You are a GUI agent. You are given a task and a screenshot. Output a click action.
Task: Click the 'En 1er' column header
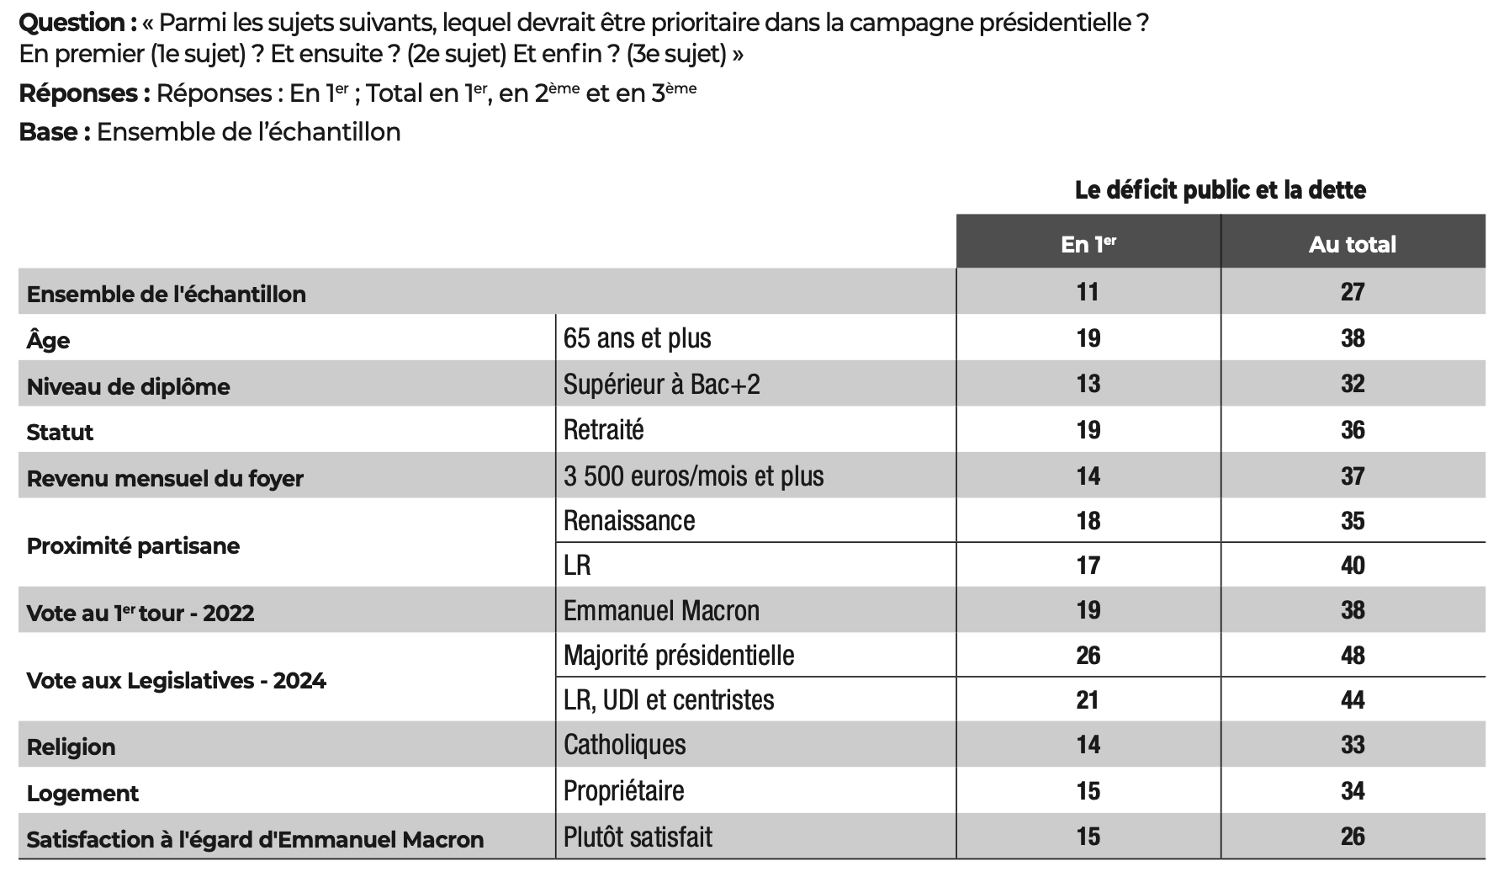[x=1088, y=244]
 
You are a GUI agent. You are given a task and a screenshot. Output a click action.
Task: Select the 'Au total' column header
[x=1353, y=245]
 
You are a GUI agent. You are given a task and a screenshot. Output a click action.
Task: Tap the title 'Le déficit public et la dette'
[x=1221, y=190]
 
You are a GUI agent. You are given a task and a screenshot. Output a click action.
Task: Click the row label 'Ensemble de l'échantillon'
[x=167, y=294]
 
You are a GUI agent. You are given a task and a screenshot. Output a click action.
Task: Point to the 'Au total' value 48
[x=1353, y=655]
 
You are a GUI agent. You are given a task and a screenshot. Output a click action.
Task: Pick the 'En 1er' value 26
[x=1088, y=655]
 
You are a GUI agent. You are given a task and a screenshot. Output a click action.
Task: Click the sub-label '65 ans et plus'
[x=638, y=338]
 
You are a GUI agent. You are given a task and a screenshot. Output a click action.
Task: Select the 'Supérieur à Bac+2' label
[x=662, y=384]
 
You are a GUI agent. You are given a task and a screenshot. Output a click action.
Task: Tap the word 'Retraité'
[x=604, y=430]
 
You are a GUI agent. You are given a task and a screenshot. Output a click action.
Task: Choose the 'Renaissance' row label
[x=629, y=521]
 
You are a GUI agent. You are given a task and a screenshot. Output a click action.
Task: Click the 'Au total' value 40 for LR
[x=1353, y=565]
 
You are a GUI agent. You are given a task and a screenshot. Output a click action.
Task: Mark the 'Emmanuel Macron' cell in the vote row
[x=661, y=610]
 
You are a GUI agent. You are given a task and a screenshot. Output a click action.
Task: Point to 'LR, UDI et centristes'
[x=669, y=700]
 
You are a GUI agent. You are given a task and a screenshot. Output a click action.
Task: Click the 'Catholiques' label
[x=625, y=745]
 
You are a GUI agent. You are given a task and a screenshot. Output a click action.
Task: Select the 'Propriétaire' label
[x=624, y=791]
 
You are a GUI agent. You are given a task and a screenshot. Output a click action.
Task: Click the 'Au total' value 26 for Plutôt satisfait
[x=1353, y=836]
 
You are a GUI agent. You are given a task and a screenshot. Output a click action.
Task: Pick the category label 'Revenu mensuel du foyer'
[x=165, y=478]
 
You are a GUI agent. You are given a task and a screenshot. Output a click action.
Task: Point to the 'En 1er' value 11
[x=1088, y=292]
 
